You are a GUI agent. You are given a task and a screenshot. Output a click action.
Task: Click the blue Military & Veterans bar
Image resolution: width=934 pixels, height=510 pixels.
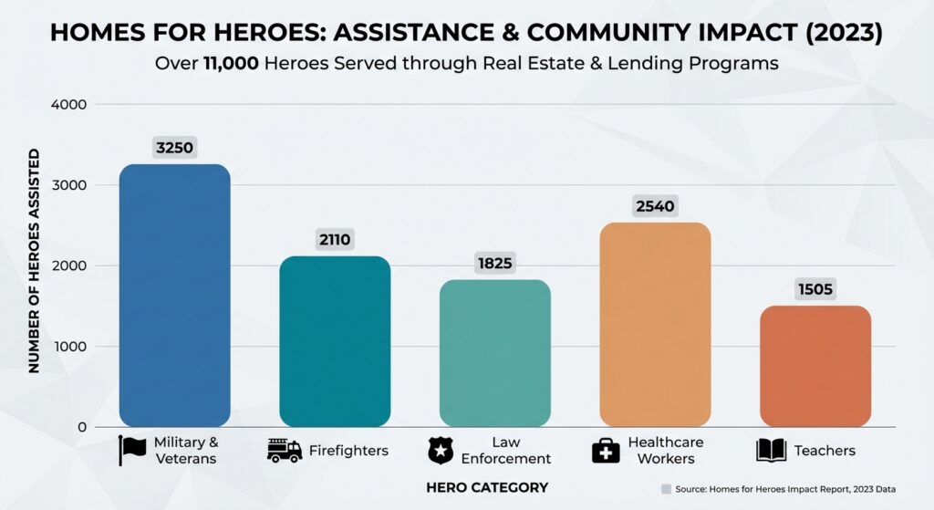174,296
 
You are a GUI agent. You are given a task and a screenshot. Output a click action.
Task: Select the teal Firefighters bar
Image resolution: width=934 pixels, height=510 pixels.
335,341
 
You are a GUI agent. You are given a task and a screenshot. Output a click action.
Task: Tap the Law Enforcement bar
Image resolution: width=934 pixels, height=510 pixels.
494,353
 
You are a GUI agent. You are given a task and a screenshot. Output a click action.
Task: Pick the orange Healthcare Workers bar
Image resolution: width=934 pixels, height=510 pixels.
655,325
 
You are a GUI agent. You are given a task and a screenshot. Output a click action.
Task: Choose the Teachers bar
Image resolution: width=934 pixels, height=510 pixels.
815,366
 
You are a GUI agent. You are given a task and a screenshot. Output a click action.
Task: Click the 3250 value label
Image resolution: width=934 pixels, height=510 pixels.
174,148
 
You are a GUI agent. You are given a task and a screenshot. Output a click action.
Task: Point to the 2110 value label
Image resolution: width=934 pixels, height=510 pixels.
335,240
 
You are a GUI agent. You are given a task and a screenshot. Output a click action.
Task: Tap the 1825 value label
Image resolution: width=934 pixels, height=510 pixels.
494,264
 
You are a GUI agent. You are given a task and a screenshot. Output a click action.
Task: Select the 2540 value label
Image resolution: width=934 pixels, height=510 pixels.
655,206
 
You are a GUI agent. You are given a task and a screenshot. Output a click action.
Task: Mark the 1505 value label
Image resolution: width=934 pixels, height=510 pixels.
815,289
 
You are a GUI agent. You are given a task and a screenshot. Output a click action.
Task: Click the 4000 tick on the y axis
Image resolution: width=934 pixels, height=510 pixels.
69,105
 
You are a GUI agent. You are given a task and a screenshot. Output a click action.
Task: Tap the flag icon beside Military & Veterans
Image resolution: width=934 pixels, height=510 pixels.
132,451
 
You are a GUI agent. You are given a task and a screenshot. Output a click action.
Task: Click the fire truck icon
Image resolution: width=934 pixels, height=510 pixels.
284,450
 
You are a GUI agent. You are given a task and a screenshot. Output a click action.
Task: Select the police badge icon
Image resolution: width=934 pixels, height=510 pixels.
441,451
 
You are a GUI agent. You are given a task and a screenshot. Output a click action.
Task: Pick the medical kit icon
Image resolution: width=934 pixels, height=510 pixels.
606,451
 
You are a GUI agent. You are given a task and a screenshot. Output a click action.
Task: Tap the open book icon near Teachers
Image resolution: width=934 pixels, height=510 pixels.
771,450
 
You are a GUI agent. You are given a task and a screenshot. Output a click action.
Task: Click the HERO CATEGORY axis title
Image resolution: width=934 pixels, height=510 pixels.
487,488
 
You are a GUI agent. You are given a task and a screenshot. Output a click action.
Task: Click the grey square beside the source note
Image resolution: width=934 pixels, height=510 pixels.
666,489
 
